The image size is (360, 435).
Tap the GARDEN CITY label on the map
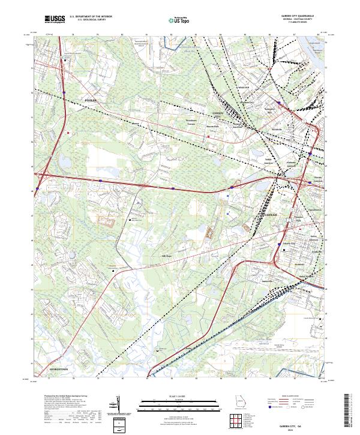coord(217,113)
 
